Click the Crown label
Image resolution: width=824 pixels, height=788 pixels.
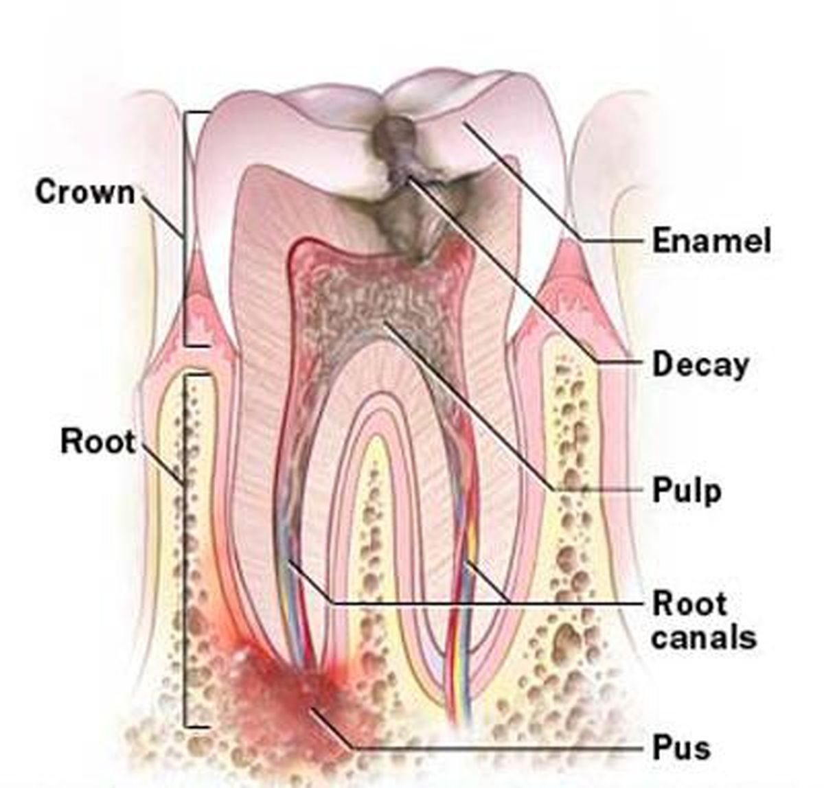tap(85, 192)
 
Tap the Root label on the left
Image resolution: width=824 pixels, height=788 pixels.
tap(98, 441)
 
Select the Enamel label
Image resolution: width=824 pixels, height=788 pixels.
tap(711, 240)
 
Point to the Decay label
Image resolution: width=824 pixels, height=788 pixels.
tap(701, 364)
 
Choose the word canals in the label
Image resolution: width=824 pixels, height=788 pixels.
tap(704, 638)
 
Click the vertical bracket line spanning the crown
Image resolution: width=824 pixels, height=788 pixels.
tap(185, 229)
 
